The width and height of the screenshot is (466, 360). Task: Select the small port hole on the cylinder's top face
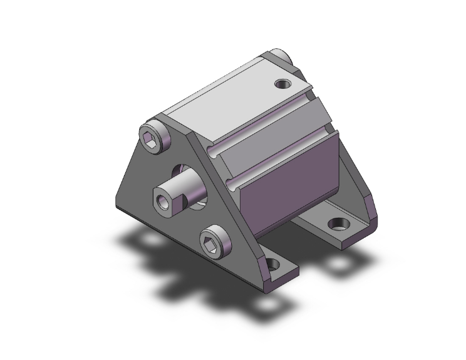coord(282,82)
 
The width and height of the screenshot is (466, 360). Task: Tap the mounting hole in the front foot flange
coord(274,265)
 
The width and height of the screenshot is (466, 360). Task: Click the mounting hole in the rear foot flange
coord(339,222)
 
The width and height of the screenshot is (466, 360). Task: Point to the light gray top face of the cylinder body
coord(225,94)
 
